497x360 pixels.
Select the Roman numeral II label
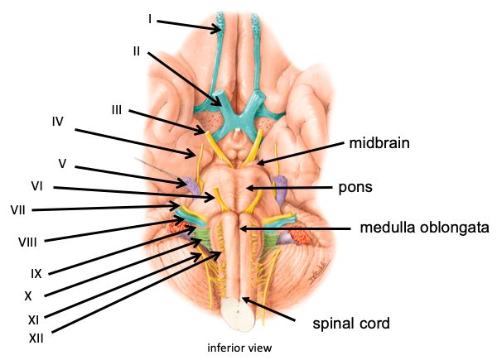tap(138, 50)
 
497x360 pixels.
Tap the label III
tap(118, 110)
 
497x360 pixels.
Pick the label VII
tap(17, 208)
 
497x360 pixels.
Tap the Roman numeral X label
tap(27, 295)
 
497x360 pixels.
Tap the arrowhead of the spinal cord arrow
tap(245, 301)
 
